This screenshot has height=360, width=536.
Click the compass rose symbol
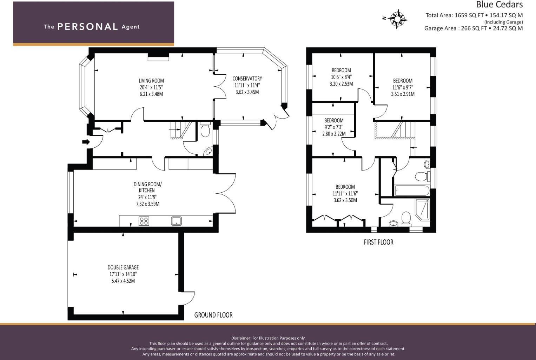pyautogui.click(x=397, y=19)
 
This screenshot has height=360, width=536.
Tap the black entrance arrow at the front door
pyautogui.click(x=86, y=142)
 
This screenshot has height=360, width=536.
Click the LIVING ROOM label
pyautogui.click(x=151, y=81)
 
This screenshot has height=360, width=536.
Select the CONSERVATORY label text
pyautogui.click(x=247, y=79)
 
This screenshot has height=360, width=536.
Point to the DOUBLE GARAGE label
pyautogui.click(x=123, y=267)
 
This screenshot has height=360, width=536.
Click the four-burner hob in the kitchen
pyautogui.click(x=144, y=221)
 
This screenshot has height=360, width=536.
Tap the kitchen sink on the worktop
pyautogui.click(x=177, y=221)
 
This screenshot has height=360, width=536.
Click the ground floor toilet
pyautogui.click(x=205, y=130)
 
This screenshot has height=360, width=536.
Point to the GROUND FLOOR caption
pyautogui.click(x=213, y=315)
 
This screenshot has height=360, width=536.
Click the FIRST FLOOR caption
pyautogui.click(x=378, y=242)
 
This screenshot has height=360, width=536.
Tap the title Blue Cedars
pyautogui.click(x=499, y=5)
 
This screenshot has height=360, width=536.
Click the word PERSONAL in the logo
pyautogui.click(x=87, y=27)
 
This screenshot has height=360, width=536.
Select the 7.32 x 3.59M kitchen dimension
pyautogui.click(x=147, y=204)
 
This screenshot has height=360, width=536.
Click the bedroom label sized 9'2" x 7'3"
pyautogui.click(x=334, y=120)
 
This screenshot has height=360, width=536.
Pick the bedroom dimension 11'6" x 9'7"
pyautogui.click(x=403, y=87)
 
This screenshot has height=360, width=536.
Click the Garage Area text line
pyautogui.click(x=473, y=28)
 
